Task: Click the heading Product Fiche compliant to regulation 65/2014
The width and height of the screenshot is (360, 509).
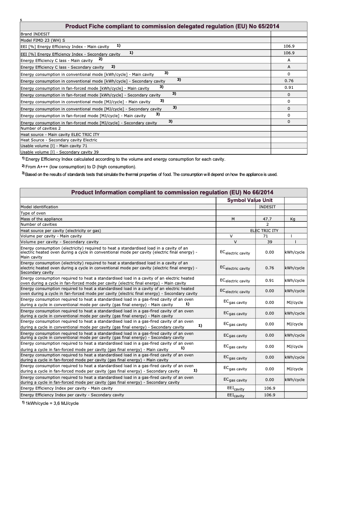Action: [172, 26]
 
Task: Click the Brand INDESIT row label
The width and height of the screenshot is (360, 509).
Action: [35, 34]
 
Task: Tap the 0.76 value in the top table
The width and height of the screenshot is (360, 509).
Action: [289, 81]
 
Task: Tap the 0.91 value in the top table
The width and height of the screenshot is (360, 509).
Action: [289, 88]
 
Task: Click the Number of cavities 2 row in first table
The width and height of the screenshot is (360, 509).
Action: [41, 128]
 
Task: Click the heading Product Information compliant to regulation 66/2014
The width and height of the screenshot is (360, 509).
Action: [172, 193]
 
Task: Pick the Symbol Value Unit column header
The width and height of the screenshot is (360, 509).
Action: [250, 200]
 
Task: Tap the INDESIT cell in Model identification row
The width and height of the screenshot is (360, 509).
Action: [268, 207]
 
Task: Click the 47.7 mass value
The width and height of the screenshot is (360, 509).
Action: [268, 219]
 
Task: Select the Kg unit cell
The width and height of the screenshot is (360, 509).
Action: [293, 219]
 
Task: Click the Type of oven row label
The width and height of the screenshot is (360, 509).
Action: [33, 213]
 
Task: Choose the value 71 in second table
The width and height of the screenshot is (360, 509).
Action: [265, 236]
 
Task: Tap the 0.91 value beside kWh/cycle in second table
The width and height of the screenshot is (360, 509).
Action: [269, 281]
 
